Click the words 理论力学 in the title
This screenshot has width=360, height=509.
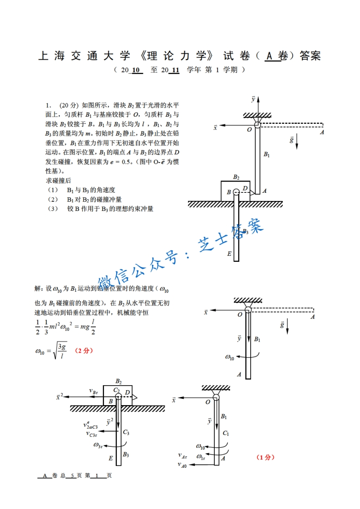coord(178,56)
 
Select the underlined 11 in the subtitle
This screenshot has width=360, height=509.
coord(174,70)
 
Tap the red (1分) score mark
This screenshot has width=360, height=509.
coord(266,458)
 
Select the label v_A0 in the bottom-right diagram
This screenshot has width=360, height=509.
coord(182,465)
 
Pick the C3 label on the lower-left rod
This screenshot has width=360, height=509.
coord(126,432)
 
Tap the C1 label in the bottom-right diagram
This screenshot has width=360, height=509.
coord(226,433)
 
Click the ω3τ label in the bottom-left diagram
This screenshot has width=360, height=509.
coord(99,445)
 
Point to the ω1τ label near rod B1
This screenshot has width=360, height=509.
coord(201,455)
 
